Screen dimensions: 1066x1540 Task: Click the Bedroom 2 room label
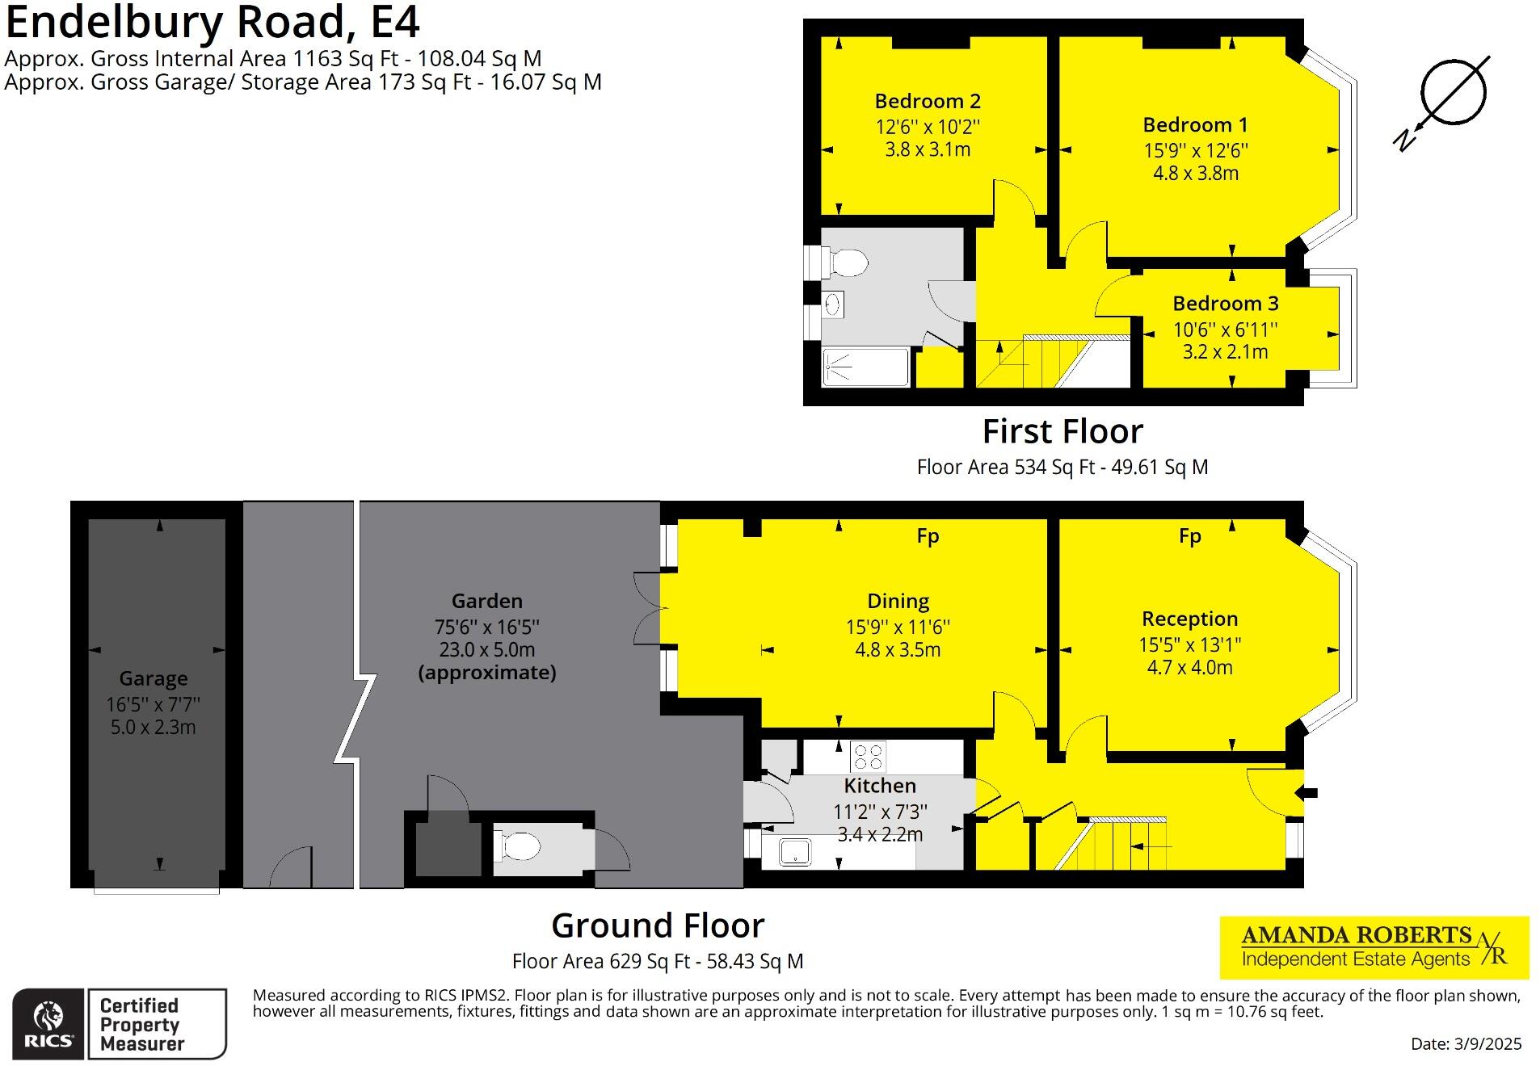click(927, 102)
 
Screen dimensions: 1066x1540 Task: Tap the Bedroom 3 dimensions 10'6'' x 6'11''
click(1225, 329)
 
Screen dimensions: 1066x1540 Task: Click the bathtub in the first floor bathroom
click(865, 367)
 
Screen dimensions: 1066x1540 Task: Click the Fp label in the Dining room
click(928, 536)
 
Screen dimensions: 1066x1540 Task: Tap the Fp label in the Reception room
click(1189, 536)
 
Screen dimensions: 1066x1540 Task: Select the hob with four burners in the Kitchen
click(868, 757)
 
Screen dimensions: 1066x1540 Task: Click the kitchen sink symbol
click(795, 852)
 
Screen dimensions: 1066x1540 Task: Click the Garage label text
click(153, 678)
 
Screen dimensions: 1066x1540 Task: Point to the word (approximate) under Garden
click(486, 673)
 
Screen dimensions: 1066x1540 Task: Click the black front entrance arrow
click(1309, 793)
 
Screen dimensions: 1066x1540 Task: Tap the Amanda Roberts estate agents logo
click(1374, 947)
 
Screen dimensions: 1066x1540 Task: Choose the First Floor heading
click(1062, 432)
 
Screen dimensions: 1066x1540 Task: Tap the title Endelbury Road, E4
click(212, 23)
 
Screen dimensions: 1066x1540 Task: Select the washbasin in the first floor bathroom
click(833, 304)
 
